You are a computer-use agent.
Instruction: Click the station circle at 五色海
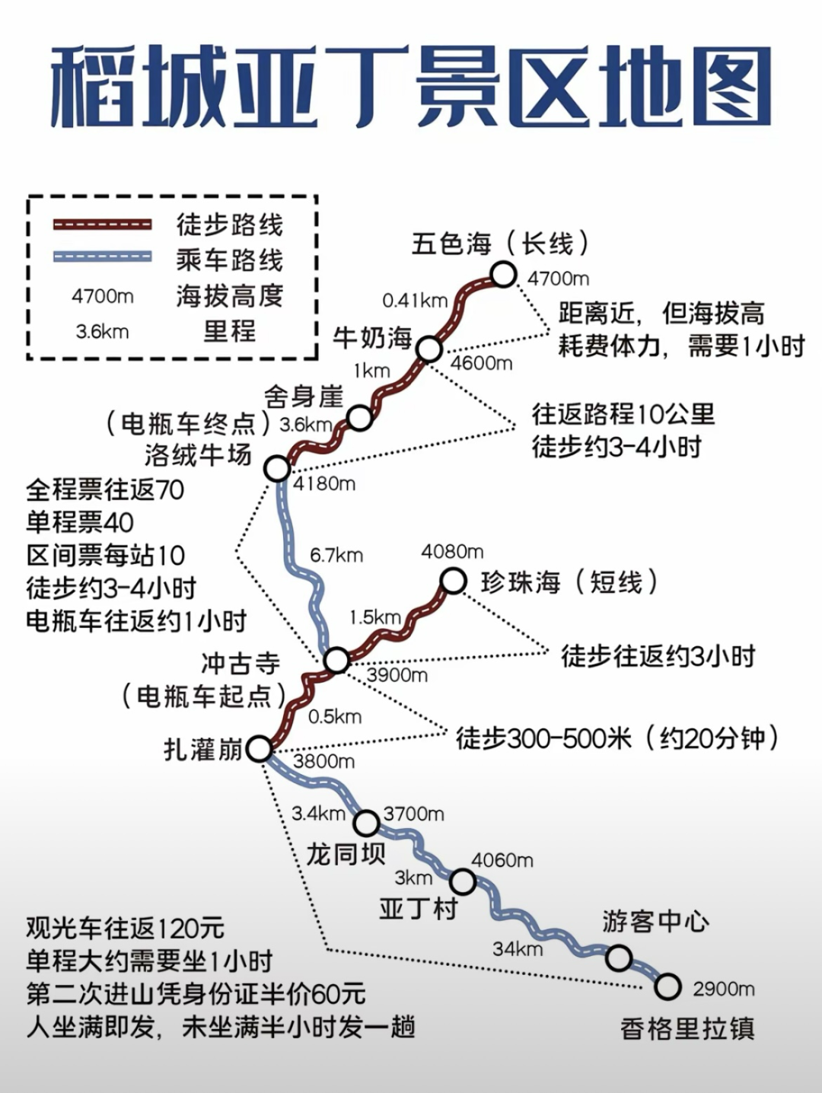[x=503, y=274]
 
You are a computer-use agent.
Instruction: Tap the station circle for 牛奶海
[x=429, y=349]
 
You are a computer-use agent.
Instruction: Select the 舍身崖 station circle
[x=359, y=417]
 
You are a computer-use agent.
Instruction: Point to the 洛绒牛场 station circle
[x=277, y=468]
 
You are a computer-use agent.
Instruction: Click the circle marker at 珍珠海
[x=453, y=582]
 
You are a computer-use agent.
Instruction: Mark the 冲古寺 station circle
[x=336, y=660]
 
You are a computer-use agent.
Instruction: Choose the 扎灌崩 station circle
[x=260, y=749]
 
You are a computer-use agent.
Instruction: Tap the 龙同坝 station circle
[x=366, y=823]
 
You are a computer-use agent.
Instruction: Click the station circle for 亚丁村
[x=463, y=882]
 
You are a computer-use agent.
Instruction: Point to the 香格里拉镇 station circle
[x=667, y=986]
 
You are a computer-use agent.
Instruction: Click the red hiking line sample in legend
[x=102, y=225]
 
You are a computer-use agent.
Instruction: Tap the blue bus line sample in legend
[x=102, y=257]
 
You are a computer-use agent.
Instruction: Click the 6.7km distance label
[x=336, y=556]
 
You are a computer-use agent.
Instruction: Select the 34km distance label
[x=517, y=948]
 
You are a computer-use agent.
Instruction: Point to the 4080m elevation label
[x=452, y=551]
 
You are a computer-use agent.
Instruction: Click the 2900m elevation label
[x=723, y=989]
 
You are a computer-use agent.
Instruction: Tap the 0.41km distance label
[x=415, y=301]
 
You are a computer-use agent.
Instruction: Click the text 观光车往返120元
[x=126, y=928]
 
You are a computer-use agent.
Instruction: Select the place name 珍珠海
[x=521, y=582]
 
